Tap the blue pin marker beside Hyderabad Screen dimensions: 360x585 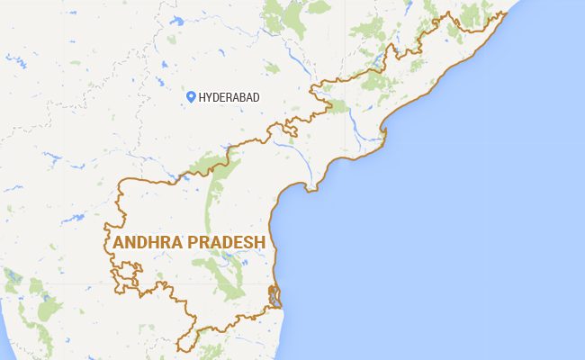click(x=191, y=96)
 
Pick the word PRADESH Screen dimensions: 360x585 click(x=221, y=243)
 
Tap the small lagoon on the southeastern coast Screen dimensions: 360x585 click(x=275, y=298)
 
